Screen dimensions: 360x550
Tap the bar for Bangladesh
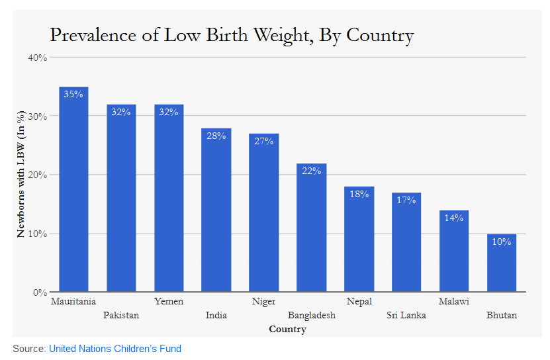point(311,228)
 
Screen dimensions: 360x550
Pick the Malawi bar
point(454,251)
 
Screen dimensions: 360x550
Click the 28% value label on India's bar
point(216,136)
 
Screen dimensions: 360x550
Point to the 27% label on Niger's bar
point(263,141)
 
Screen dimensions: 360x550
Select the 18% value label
point(359,194)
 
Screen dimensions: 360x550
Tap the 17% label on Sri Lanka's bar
point(406,200)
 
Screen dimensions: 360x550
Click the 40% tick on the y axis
point(37,58)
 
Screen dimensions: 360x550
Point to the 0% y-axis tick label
point(40,292)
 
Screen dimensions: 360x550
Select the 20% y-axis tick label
point(37,175)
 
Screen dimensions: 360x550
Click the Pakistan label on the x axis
point(121,316)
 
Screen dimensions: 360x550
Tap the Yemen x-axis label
point(169,302)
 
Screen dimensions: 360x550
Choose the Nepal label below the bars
point(359,302)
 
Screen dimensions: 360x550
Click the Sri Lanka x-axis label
point(406,316)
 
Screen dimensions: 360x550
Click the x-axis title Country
point(287,329)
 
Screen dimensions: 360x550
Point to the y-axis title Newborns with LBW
point(21,175)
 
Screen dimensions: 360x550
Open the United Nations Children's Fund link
point(115,349)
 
